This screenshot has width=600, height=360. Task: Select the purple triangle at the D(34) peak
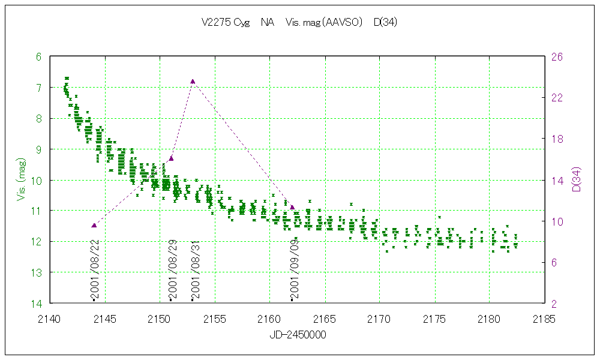click(193, 81)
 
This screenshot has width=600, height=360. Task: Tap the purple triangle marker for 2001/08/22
click(94, 225)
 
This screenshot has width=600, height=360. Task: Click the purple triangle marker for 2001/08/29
click(171, 158)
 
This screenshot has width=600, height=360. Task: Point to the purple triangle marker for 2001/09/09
click(292, 208)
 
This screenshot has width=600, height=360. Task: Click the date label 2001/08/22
click(94, 270)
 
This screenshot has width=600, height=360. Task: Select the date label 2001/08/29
click(172, 270)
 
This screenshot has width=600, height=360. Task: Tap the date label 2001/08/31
click(194, 270)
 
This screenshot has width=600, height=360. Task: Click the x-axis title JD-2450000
click(298, 335)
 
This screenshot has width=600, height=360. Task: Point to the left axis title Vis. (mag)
click(20, 180)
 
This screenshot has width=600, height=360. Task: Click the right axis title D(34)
click(577, 180)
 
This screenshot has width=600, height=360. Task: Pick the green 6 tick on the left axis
click(39, 57)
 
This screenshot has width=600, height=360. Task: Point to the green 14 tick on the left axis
click(37, 304)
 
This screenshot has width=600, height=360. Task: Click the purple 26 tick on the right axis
click(557, 57)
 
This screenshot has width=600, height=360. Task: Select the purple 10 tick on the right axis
click(557, 221)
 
